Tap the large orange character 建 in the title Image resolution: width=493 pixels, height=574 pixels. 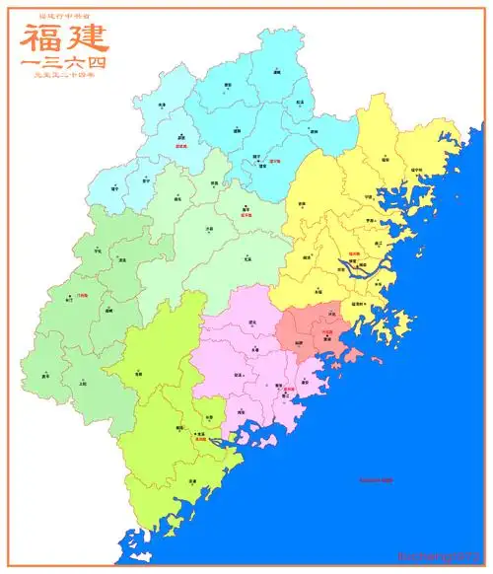point(87,38)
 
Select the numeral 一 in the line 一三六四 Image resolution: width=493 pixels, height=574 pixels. point(30,62)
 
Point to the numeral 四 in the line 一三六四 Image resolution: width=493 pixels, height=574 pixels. point(96,62)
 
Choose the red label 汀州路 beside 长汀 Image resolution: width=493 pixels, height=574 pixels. point(81,295)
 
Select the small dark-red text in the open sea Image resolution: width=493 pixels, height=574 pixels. point(376,480)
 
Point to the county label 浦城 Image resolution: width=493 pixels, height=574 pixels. point(277,73)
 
